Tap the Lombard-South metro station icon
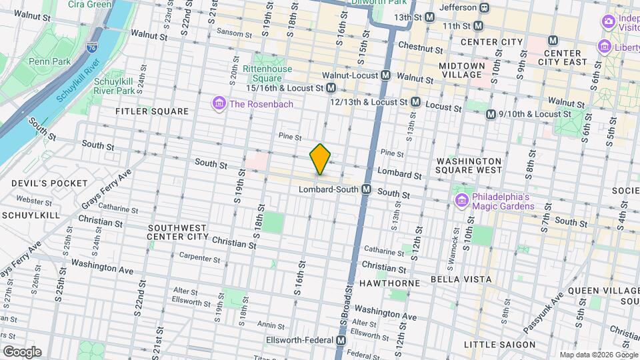(366, 190)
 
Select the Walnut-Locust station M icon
(386, 77)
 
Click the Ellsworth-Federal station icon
(341, 341)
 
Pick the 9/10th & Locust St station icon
(491, 114)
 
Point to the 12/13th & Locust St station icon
(415, 102)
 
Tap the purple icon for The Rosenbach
(218, 103)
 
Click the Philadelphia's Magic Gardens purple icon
(461, 201)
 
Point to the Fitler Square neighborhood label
(152, 111)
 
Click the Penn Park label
(45, 61)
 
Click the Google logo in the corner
(22, 351)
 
